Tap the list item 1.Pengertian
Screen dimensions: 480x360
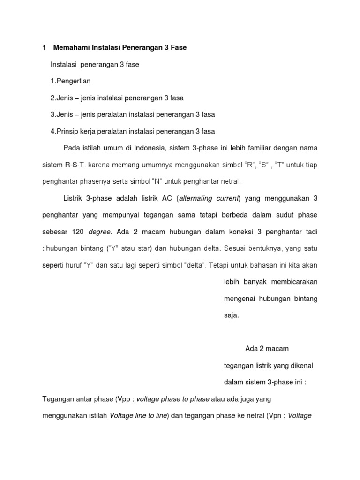pyautogui.click(x=70, y=81)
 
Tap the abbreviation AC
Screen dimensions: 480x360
pyautogui.click(x=167, y=198)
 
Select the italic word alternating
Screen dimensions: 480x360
pyautogui.click(x=197, y=198)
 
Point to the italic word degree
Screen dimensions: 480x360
pyautogui.click(x=100, y=232)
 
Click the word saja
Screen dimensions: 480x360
pyautogui.click(x=232, y=315)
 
